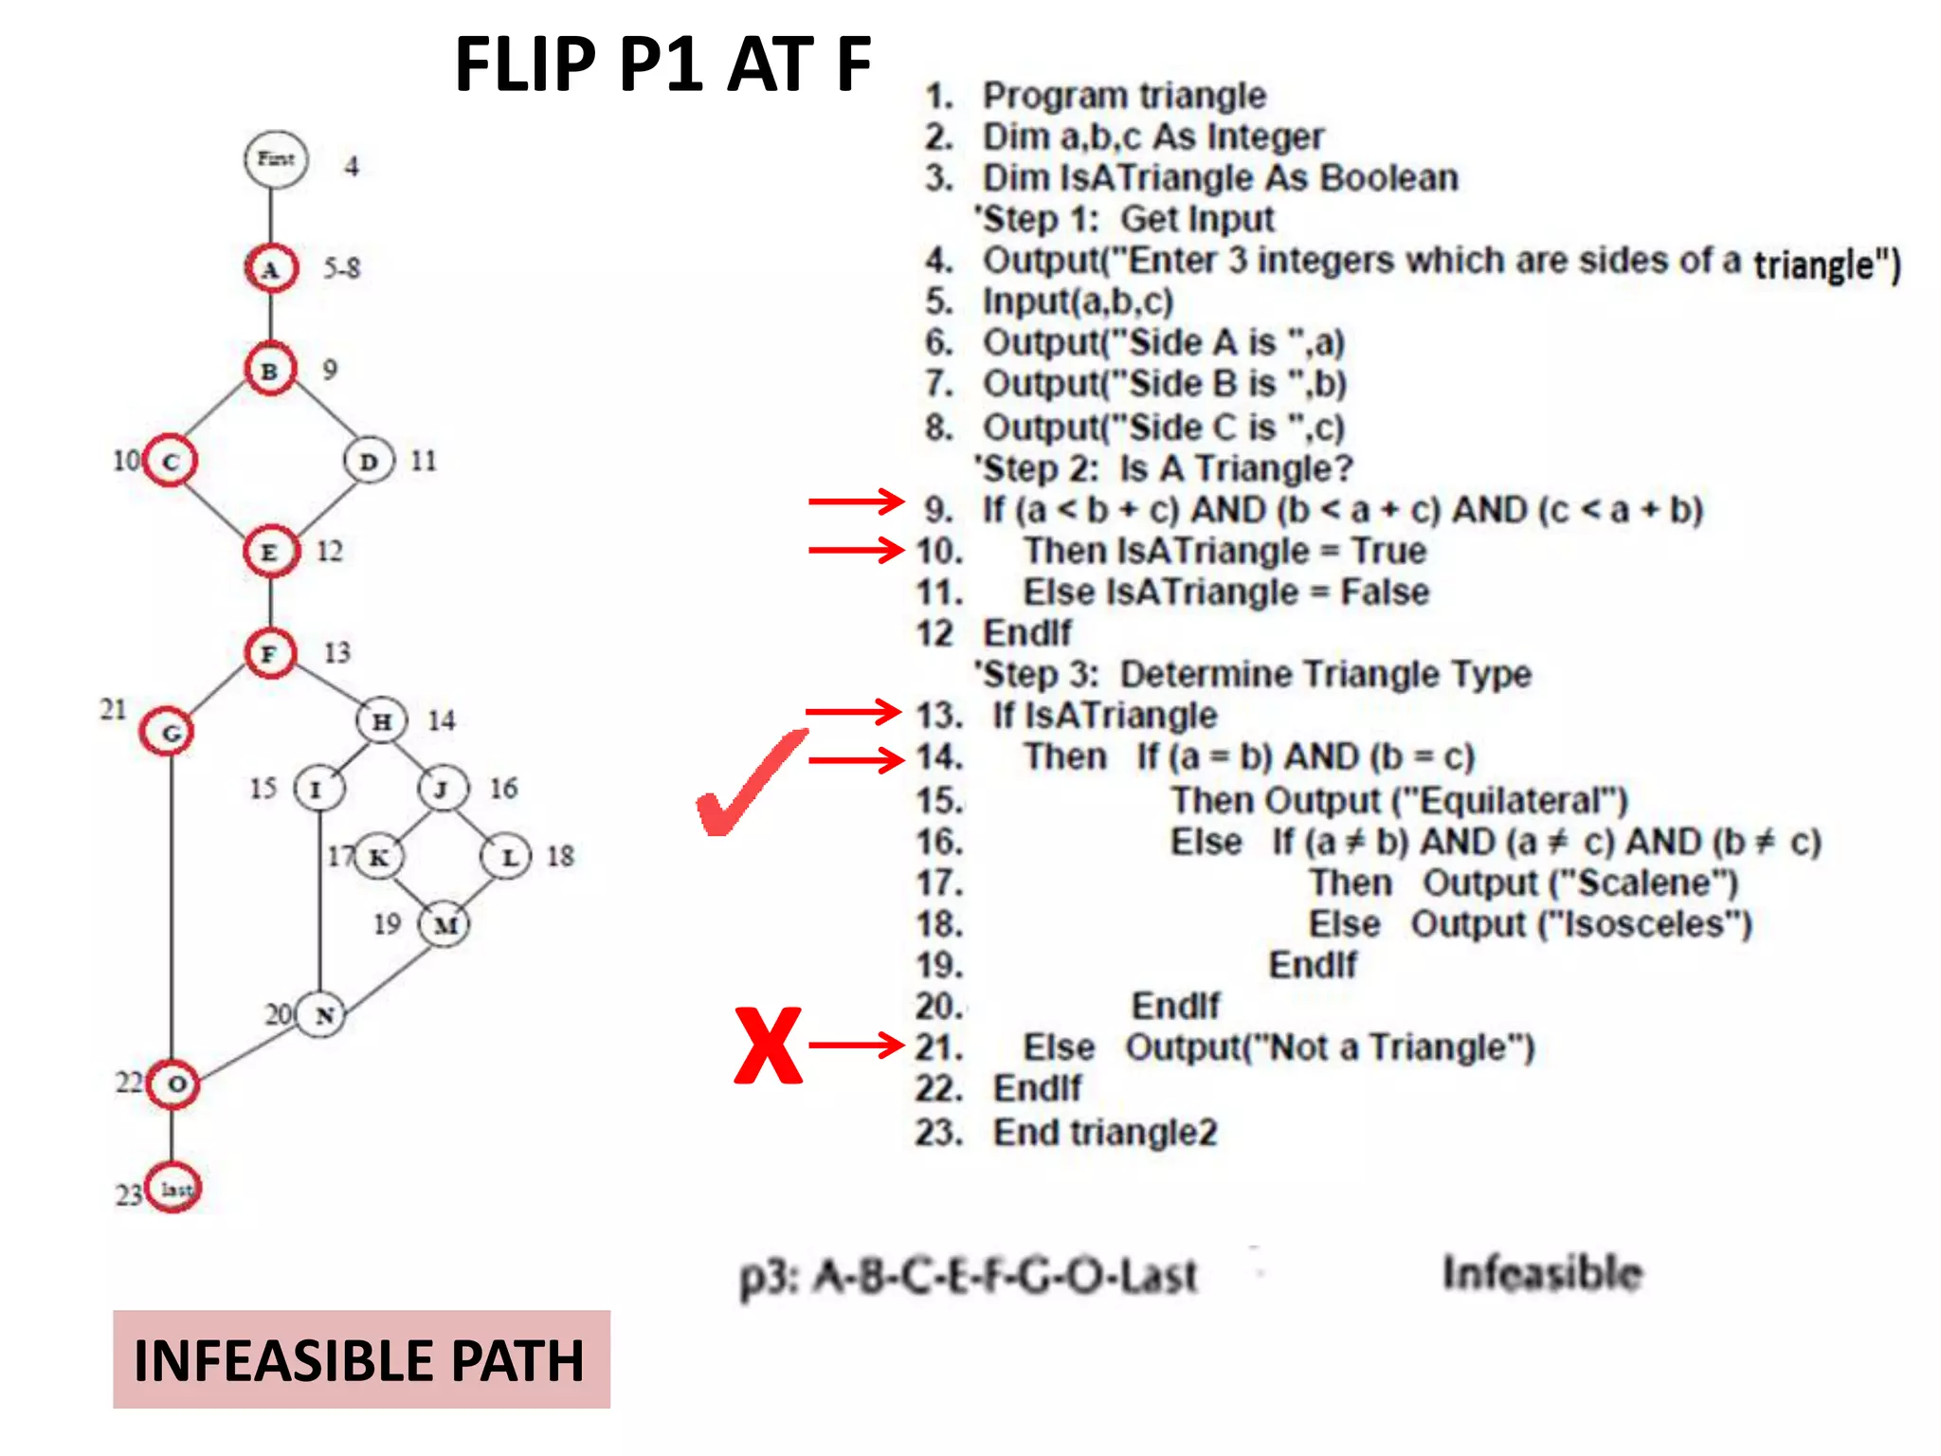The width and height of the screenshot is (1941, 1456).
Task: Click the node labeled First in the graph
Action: pyautogui.click(x=276, y=159)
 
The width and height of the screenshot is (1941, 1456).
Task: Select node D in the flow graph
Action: pyautogui.click(x=369, y=462)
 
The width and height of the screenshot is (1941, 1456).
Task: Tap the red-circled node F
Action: pyautogui.click(x=270, y=653)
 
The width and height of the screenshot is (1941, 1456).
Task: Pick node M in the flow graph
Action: pyautogui.click(x=444, y=924)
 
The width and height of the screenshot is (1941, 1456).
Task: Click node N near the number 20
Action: pyautogui.click(x=321, y=1015)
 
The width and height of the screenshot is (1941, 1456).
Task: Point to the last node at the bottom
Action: pyautogui.click(x=173, y=1189)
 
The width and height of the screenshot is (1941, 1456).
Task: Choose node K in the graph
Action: pyautogui.click(x=378, y=858)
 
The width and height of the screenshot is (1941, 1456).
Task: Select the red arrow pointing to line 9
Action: pyautogui.click(x=855, y=501)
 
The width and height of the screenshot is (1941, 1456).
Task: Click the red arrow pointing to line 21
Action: pyautogui.click(x=856, y=1046)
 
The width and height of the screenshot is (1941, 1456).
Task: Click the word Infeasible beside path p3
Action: pyautogui.click(x=1542, y=1273)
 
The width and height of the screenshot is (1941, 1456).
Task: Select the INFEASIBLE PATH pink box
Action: pyautogui.click(x=361, y=1359)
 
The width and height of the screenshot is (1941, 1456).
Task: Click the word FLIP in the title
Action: pyautogui.click(x=524, y=64)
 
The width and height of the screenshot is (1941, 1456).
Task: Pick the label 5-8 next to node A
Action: pyautogui.click(x=342, y=268)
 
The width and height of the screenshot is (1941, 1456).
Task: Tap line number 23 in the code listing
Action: pyautogui.click(x=937, y=1133)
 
